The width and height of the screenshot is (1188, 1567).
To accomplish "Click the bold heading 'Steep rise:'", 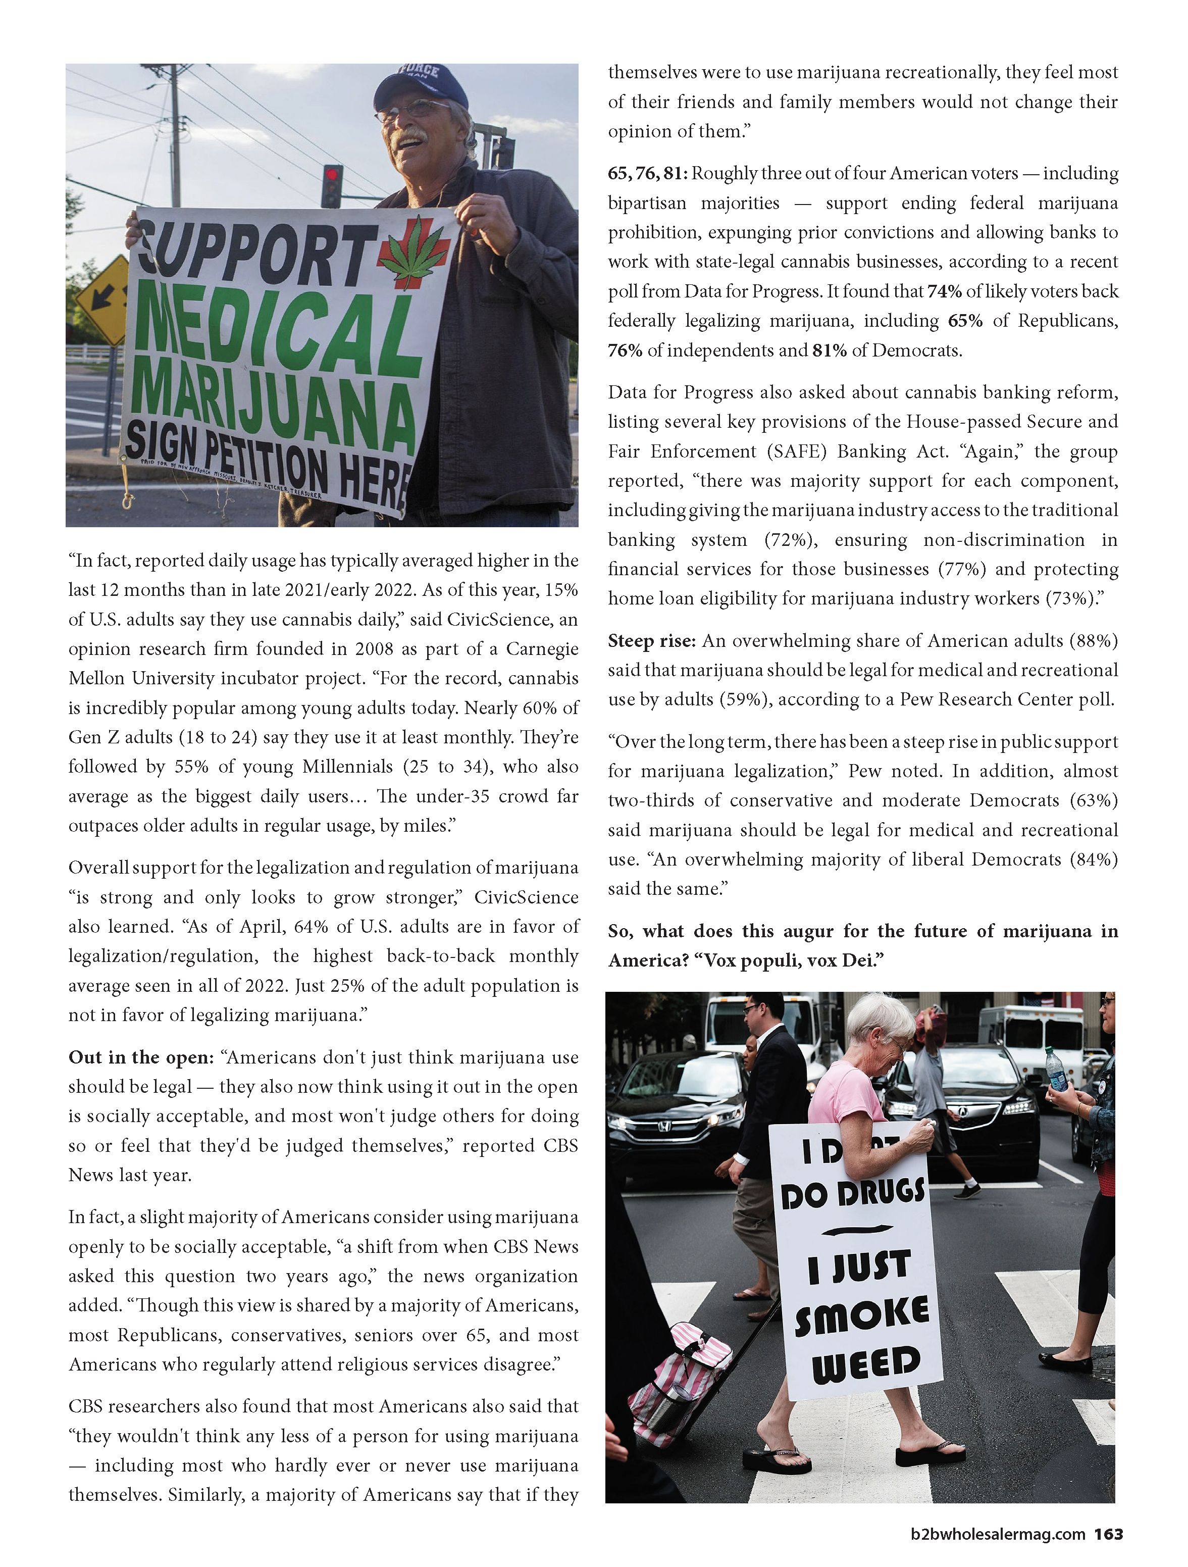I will pos(652,640).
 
